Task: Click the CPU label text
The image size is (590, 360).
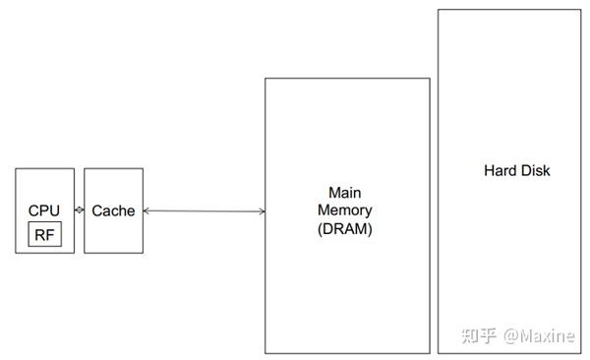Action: tap(44, 210)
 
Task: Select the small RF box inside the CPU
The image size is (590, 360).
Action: tap(44, 234)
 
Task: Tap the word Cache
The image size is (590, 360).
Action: tap(113, 210)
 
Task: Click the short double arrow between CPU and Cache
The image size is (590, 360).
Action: tap(79, 210)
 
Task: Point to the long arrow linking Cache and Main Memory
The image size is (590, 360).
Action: tap(204, 211)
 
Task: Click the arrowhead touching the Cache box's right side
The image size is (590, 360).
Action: tap(147, 211)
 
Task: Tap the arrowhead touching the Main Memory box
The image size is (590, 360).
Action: tap(261, 211)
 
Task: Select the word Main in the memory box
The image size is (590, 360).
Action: tap(345, 192)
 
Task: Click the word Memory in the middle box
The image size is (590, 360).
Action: tap(345, 210)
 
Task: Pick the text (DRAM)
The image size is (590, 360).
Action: tap(345, 228)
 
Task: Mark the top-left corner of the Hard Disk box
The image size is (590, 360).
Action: tap(439, 11)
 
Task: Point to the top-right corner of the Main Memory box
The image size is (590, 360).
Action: tap(430, 79)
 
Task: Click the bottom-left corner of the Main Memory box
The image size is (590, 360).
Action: tap(265, 353)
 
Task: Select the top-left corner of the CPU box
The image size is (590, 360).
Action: tap(16, 168)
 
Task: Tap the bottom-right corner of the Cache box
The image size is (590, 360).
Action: tap(143, 253)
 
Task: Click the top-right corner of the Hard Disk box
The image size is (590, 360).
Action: tap(580, 11)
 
